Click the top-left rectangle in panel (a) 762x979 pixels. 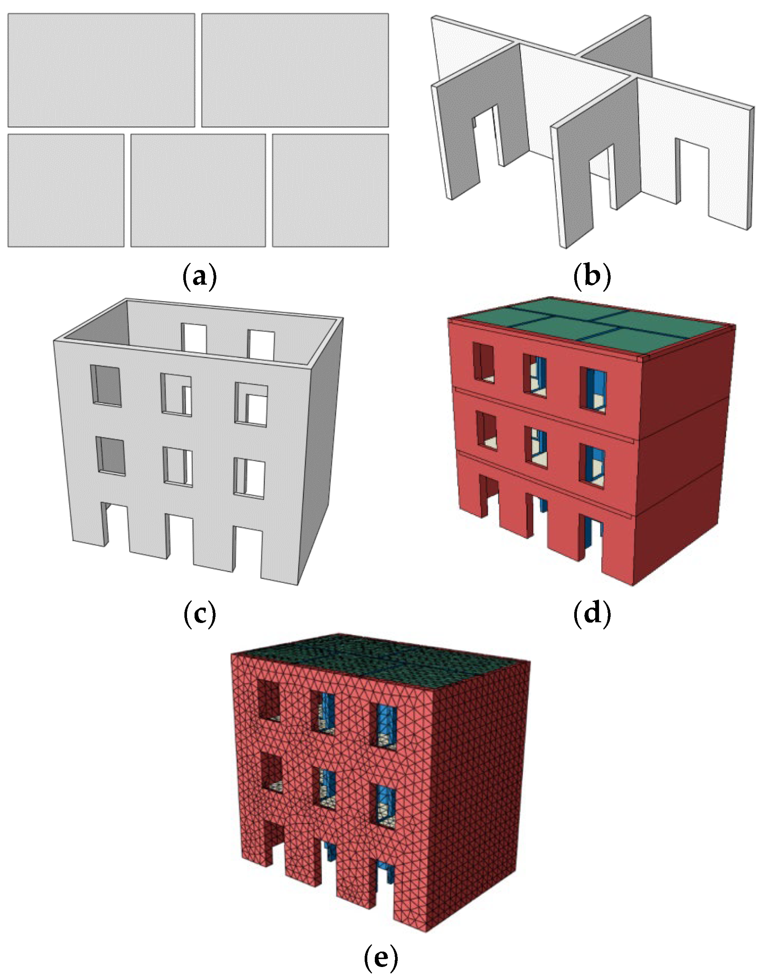pyautogui.click(x=101, y=70)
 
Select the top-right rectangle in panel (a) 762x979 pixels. pyautogui.click(x=295, y=70)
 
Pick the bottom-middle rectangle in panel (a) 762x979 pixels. pyautogui.click(x=198, y=190)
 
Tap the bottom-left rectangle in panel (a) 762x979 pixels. pyautogui.click(x=66, y=190)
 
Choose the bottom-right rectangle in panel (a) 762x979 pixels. pyautogui.click(x=330, y=190)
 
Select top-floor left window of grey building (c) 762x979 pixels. pyautogui.click(x=106, y=386)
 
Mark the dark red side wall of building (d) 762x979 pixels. pyautogui.click(x=686, y=448)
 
